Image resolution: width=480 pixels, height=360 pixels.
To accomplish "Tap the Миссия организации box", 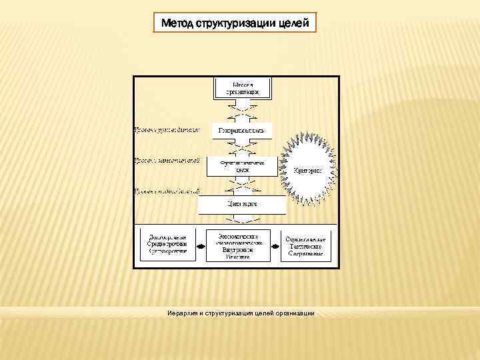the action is tap(241, 87).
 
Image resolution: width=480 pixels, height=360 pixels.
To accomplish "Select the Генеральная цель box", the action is tap(241, 130).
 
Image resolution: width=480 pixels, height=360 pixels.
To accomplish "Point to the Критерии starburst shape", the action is tap(307, 170).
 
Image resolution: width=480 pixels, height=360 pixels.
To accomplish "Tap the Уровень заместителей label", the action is tap(167, 161).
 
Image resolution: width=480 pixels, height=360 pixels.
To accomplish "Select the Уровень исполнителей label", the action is tap(167, 191).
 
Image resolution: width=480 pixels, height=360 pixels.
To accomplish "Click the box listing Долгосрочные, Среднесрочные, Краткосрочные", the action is tap(168, 246).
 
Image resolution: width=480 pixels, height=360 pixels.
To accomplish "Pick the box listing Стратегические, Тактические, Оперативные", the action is tap(305, 246).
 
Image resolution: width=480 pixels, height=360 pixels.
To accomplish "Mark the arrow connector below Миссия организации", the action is tap(242, 109).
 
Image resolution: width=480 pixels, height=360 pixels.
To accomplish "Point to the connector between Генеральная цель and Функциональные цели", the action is tap(242, 147).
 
